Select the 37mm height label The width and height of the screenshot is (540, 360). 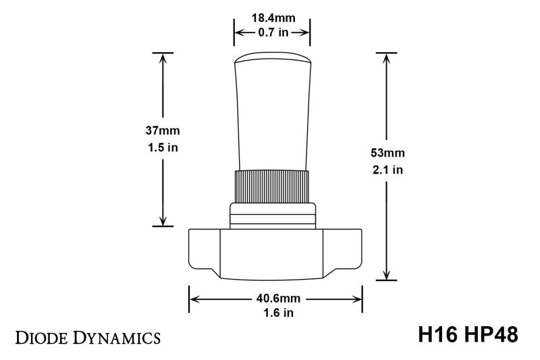click(x=163, y=130)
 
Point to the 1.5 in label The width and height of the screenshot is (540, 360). click(x=163, y=147)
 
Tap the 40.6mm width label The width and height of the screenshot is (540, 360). click(x=276, y=297)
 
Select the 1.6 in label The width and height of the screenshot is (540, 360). click(x=276, y=313)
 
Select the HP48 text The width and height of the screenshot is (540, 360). click(x=489, y=335)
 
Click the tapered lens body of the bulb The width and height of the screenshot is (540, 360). click(x=271, y=115)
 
